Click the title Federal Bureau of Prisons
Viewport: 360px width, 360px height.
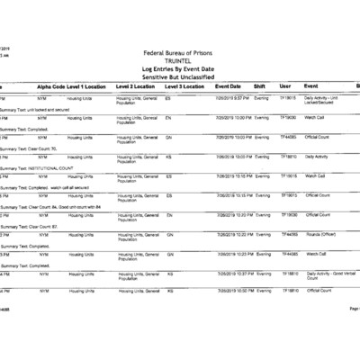coord(180,53)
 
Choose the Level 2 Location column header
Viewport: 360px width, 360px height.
coord(138,86)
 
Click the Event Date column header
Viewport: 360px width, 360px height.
coord(233,86)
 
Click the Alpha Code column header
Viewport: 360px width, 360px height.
coord(49,86)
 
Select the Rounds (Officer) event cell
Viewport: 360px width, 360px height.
coord(320,234)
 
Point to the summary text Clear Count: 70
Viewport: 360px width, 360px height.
coord(31,148)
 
